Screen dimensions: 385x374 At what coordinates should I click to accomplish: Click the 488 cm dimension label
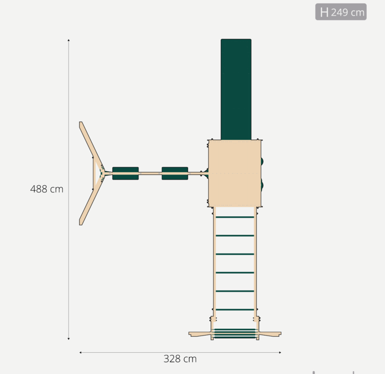pyautogui.click(x=47, y=189)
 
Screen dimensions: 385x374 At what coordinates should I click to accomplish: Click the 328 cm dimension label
pyautogui.click(x=180, y=359)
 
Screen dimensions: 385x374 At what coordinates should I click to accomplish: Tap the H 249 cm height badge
pyautogui.click(x=341, y=12)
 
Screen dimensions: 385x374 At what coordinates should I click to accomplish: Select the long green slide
pyautogui.click(x=236, y=89)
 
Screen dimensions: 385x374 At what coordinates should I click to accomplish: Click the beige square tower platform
pyautogui.click(x=234, y=173)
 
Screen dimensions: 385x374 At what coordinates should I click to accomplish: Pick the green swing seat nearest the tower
pyautogui.click(x=175, y=173)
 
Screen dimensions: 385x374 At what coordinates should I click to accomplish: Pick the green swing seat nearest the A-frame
pyautogui.click(x=126, y=173)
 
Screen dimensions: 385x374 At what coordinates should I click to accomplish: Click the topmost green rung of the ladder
pyautogui.click(x=235, y=217)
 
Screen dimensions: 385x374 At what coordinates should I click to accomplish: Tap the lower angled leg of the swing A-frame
pyautogui.click(x=91, y=200)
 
